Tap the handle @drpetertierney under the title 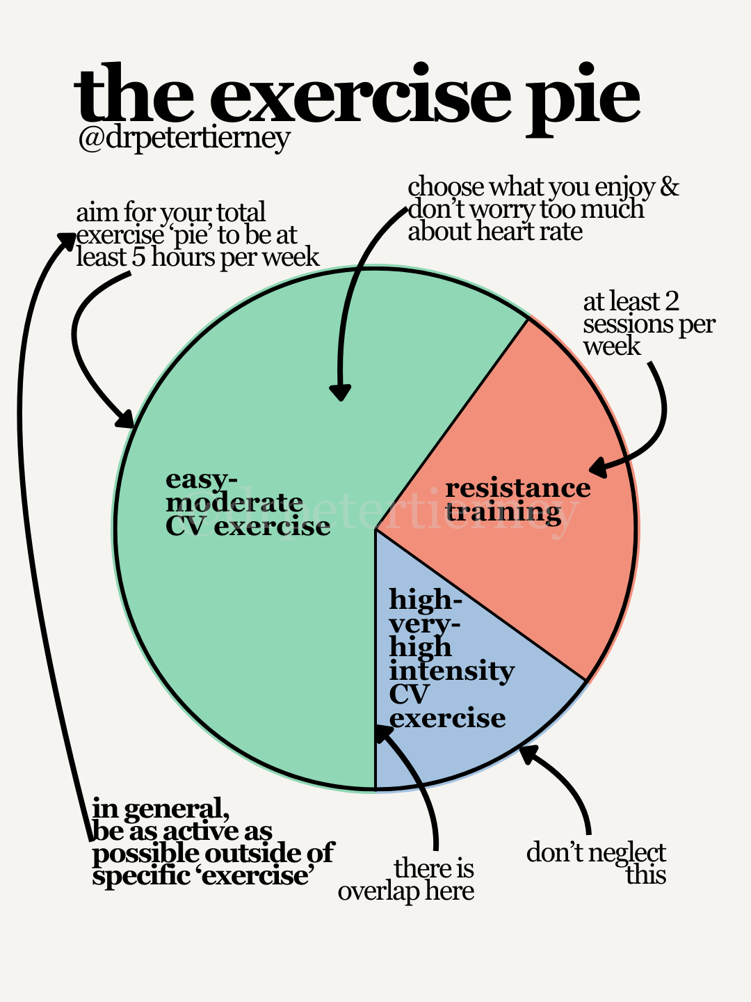(184, 138)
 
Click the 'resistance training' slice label (517, 500)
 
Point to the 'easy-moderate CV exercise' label (247, 503)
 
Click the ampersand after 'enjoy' (669, 187)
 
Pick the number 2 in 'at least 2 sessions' (671, 302)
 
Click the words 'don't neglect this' (597, 864)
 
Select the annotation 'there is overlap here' (407, 880)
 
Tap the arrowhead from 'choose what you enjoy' (339, 393)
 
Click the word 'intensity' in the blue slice (451, 671)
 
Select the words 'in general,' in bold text (161, 809)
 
